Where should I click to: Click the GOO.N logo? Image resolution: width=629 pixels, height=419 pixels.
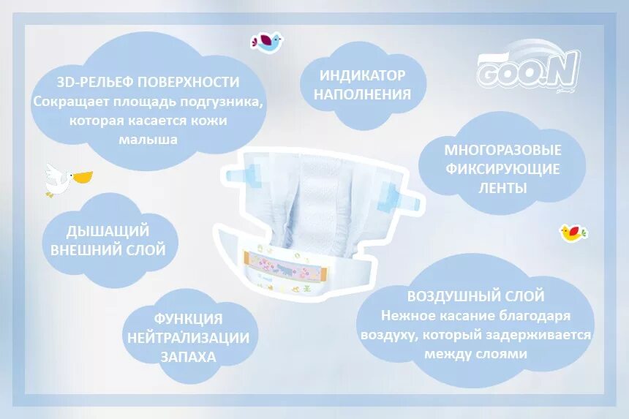(528, 70)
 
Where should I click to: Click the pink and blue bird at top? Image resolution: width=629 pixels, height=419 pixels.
(266, 42)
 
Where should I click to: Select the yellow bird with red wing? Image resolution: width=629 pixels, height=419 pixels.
(574, 233)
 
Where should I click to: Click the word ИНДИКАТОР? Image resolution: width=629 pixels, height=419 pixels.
(363, 75)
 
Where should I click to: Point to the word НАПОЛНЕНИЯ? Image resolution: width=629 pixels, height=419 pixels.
(363, 94)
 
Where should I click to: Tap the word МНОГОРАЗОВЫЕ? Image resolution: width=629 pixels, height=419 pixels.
(503, 151)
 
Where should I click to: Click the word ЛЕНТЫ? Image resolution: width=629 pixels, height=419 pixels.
(503, 188)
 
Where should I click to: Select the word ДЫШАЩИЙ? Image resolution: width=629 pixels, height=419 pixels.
(108, 231)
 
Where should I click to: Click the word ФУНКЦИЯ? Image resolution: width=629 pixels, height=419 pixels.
(189, 319)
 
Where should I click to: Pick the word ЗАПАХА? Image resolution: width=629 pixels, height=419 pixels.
(189, 357)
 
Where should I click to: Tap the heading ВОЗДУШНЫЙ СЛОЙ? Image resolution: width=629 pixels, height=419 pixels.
(476, 296)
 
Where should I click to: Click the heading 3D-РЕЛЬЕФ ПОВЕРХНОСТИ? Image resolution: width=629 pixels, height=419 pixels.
(148, 82)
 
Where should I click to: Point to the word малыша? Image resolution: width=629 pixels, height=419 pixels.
(148, 138)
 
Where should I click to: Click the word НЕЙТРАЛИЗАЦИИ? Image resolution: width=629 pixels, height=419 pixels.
(189, 338)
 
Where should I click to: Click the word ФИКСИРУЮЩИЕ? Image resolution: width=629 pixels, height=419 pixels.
(503, 170)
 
